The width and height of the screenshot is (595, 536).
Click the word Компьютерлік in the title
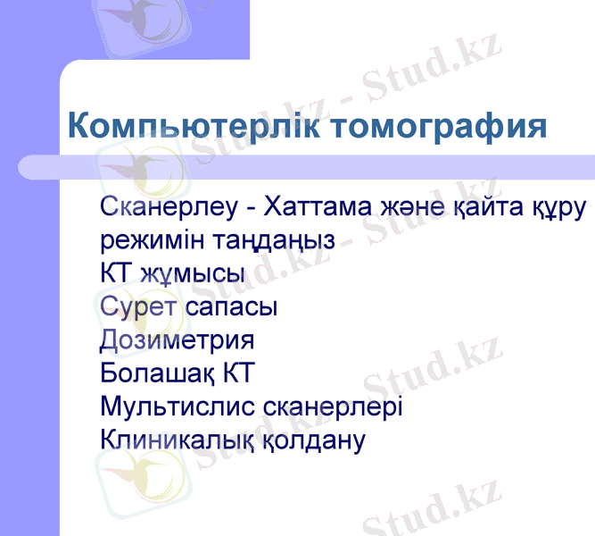[x=194, y=126]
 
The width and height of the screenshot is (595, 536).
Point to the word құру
[x=561, y=208]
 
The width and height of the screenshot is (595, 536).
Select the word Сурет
[x=140, y=306]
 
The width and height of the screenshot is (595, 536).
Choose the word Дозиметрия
[x=178, y=339]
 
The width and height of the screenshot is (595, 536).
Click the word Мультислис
[x=179, y=407]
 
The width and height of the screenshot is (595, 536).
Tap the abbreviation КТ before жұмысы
[x=116, y=273]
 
